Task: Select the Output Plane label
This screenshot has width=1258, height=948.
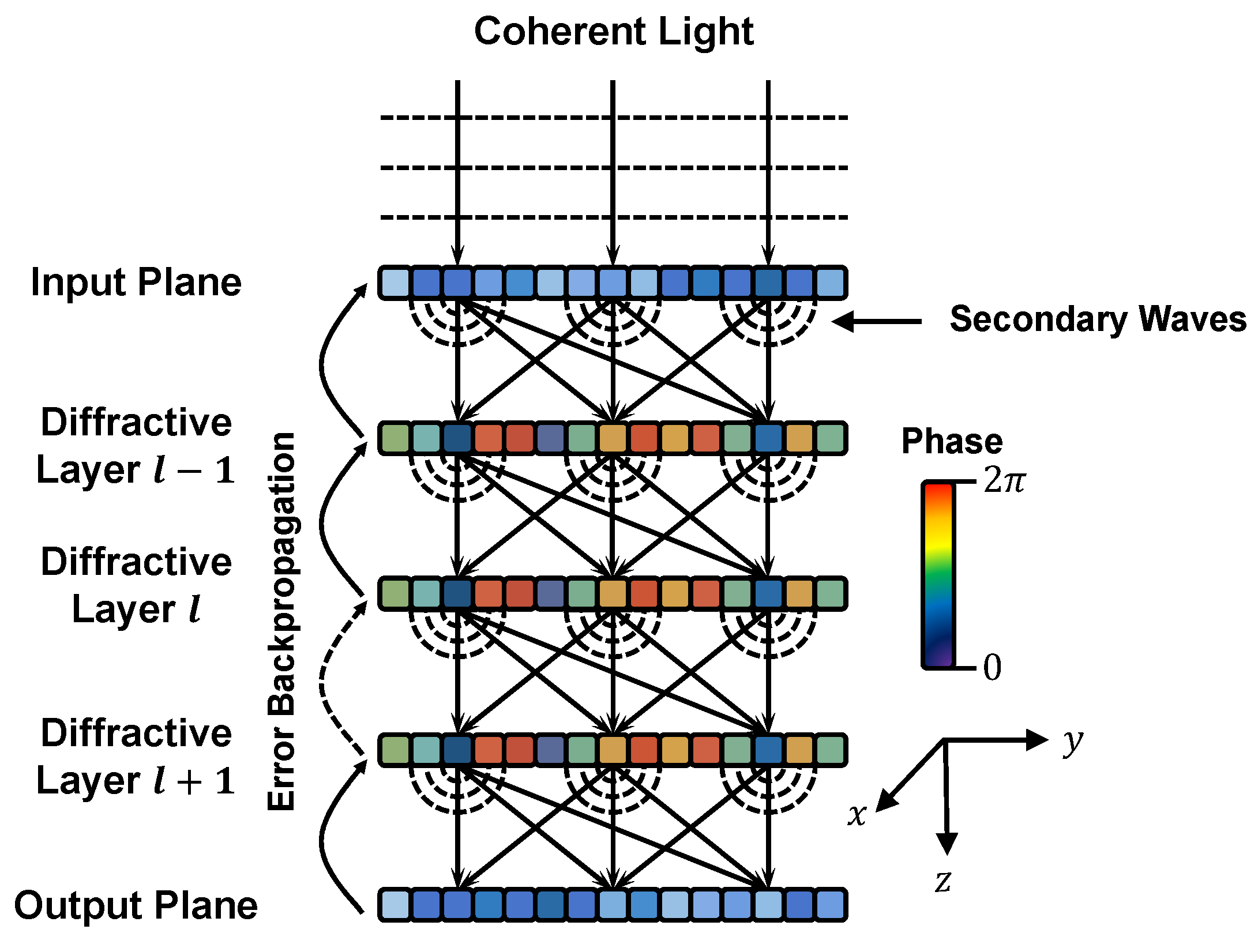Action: (136, 905)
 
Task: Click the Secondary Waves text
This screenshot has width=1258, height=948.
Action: (1098, 319)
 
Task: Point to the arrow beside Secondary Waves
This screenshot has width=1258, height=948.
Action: (877, 321)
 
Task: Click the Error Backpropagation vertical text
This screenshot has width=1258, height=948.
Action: (282, 621)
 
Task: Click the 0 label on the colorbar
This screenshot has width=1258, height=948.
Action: (992, 668)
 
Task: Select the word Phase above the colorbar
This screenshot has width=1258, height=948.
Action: (952, 442)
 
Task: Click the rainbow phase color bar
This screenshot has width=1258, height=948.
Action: (938, 575)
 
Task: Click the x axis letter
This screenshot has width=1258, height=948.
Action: (857, 815)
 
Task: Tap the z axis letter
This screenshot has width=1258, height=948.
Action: (943, 881)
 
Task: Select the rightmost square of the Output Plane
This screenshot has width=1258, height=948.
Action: (831, 905)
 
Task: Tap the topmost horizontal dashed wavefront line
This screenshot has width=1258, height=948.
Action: (613, 118)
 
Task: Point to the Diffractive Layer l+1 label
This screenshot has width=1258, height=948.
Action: (136, 757)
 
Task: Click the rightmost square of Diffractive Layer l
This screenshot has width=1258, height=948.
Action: (831, 594)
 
